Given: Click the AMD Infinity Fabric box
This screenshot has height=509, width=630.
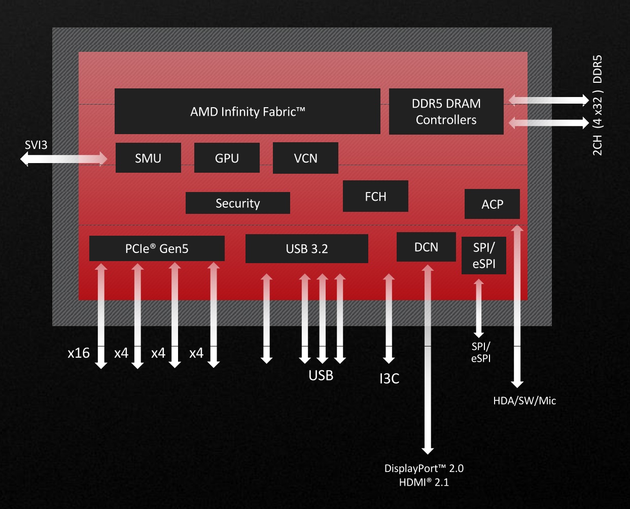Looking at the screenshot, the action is click(248, 111).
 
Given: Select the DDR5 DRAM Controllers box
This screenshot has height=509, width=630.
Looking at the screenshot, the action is click(446, 111).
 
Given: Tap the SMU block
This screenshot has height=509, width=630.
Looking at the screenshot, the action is click(148, 158).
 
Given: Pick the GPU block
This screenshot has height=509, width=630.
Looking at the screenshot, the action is click(227, 158).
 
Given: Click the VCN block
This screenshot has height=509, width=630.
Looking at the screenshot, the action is click(305, 158).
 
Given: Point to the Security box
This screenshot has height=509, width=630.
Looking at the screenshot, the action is click(238, 203).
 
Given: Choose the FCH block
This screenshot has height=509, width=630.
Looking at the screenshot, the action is click(375, 196).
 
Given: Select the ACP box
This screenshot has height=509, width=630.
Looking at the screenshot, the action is click(492, 204).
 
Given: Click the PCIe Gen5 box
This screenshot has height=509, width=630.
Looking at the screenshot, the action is click(157, 248).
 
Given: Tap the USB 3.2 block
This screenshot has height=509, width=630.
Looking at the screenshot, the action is click(307, 248).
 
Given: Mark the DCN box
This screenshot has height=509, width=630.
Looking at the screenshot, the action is click(426, 247).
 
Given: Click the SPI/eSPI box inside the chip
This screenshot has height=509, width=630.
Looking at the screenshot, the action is click(484, 256).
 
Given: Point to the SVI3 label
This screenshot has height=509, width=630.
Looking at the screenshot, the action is click(36, 145).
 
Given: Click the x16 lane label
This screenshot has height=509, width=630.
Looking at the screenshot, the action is click(79, 353).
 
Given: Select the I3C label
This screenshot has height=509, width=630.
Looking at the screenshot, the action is click(390, 378).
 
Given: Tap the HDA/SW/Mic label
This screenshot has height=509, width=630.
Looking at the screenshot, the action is click(524, 401).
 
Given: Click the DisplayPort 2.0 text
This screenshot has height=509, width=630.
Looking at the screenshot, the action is click(424, 468).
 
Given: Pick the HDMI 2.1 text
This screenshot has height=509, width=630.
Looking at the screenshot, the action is click(424, 482).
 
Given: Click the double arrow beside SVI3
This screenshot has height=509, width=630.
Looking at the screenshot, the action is click(64, 159).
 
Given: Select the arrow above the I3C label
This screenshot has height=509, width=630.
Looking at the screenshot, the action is click(389, 319).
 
